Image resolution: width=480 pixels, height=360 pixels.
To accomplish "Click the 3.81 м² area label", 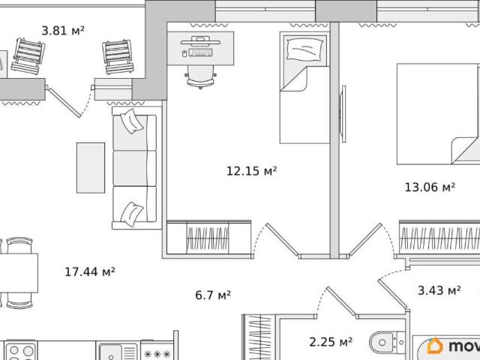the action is pyautogui.click(x=63, y=31).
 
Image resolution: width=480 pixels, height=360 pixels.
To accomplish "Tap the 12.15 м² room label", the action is pyautogui.click(x=251, y=171).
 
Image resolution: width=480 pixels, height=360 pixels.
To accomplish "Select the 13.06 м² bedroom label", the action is pyautogui.click(x=430, y=187).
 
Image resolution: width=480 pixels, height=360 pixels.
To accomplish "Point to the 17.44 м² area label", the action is pyautogui.click(x=90, y=271).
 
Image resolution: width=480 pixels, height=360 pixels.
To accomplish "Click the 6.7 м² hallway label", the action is pyautogui.click(x=213, y=295).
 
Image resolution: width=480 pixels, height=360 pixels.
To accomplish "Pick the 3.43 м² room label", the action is pyautogui.click(x=439, y=290).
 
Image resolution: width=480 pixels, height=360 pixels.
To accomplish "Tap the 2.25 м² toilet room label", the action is pyautogui.click(x=331, y=342).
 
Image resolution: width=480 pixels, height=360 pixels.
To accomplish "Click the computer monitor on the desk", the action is pyautogui.click(x=200, y=41).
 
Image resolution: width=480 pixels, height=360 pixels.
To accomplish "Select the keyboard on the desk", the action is pyautogui.click(x=200, y=52).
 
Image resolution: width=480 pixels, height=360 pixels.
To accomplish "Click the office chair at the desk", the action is pyautogui.click(x=200, y=76).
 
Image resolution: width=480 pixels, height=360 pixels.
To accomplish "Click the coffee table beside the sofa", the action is pyautogui.click(x=91, y=168).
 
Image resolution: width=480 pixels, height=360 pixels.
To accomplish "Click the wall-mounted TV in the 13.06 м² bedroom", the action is pyautogui.click(x=343, y=114).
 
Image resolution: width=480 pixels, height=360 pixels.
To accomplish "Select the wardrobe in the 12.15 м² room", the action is pyautogui.click(x=208, y=237).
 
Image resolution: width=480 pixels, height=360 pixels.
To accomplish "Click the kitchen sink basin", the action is pyautogui.click(x=111, y=352).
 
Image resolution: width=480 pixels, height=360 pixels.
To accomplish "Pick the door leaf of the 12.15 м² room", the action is pyautogui.click(x=282, y=239).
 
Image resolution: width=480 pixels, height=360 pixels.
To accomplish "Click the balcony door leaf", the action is pyautogui.click(x=64, y=103).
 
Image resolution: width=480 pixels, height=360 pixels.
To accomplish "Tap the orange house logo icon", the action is pyautogui.click(x=435, y=346).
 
